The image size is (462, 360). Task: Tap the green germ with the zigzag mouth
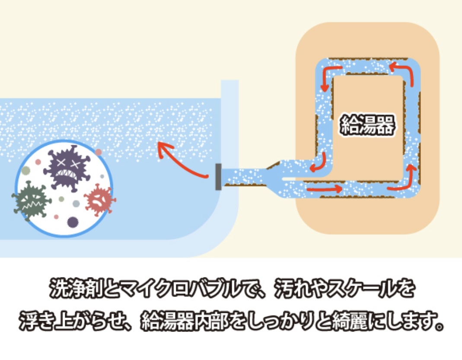(x=32, y=199)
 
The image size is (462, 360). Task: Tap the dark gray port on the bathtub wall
(x=218, y=177)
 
